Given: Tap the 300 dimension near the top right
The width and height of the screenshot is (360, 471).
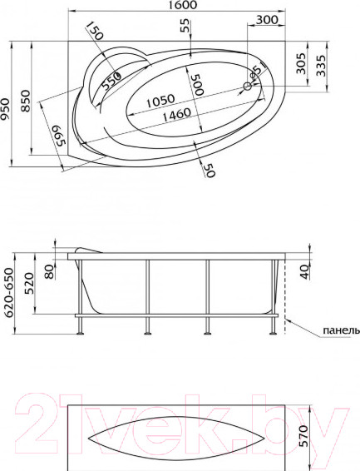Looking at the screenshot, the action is click(x=267, y=20).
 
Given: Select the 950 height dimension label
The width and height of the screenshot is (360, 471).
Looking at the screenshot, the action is click(x=5, y=109).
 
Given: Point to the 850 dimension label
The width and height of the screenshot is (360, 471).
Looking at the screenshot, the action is click(x=25, y=101).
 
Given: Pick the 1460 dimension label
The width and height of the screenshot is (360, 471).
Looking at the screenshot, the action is click(x=177, y=114).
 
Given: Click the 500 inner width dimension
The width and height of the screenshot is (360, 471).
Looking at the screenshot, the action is click(x=199, y=85).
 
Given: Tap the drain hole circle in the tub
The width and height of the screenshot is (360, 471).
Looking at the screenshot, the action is click(x=248, y=87).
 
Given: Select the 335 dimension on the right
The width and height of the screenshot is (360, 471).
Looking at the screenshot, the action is click(x=321, y=66).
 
